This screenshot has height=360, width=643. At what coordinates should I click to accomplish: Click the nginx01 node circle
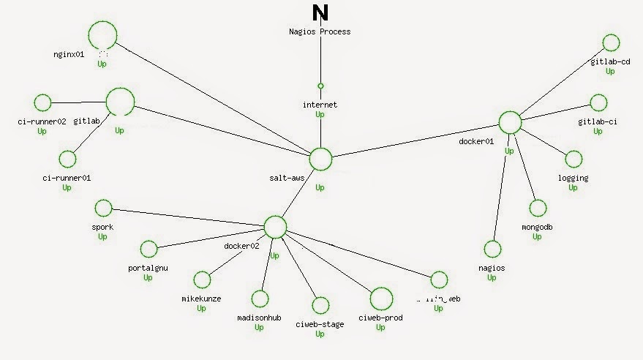pos(102,34)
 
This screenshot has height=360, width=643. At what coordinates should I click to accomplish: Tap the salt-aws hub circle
pos(320,159)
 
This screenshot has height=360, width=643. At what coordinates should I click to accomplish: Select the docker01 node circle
pos(510,122)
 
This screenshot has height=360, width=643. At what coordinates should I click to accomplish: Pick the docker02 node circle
pos(275,227)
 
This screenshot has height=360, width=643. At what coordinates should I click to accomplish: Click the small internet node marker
pos(320,86)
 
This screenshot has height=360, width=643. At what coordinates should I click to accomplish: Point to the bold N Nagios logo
pos(320,14)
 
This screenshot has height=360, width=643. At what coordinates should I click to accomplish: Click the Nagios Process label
pos(320,31)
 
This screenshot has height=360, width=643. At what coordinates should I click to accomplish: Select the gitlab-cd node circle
pos(611,42)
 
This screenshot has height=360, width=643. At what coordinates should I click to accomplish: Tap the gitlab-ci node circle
pos(598,102)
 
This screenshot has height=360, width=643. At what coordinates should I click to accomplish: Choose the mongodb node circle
pos(538,208)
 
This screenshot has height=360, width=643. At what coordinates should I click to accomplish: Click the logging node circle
pos(574,159)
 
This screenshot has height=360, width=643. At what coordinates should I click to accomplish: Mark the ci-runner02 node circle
pos(42,102)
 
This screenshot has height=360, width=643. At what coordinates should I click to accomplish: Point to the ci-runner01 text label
pos(67,178)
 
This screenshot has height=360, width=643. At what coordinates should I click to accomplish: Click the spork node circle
pos(102,208)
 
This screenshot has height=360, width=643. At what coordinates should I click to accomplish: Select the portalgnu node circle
pos(148,249)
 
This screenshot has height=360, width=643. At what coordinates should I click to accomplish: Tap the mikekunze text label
pos(201,299)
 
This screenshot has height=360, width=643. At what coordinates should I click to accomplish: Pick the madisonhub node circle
pos(260,299)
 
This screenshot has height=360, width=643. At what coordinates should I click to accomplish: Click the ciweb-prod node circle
pos(380,299)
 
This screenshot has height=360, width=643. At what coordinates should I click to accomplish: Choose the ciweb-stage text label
pos(320,324)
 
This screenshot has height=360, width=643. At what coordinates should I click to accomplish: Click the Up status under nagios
pos(492,278)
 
